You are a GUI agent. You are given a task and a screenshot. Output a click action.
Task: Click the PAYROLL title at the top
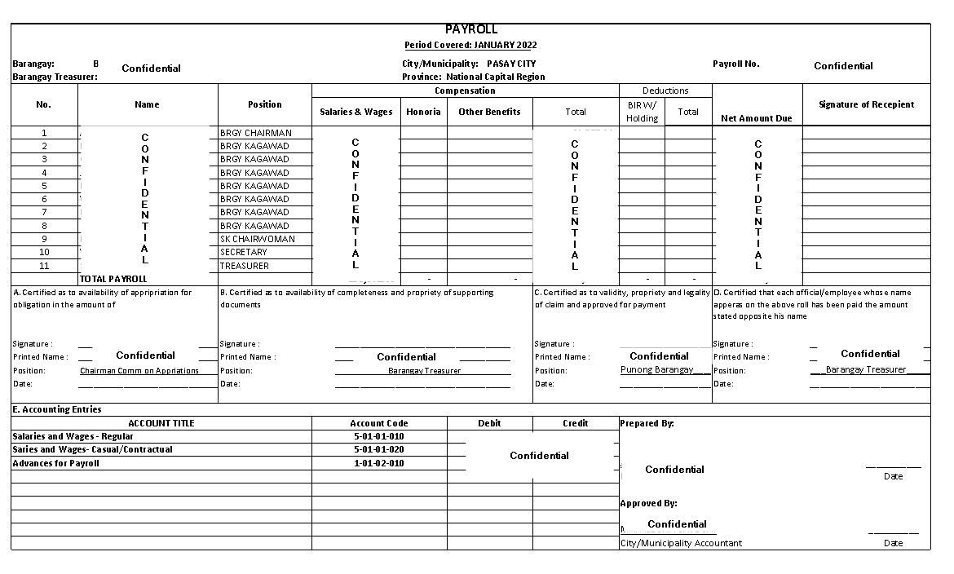pyautogui.click(x=470, y=29)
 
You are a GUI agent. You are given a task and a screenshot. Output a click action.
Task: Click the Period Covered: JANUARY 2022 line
pyautogui.click(x=470, y=45)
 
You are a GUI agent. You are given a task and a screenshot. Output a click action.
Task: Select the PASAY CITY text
pyautogui.click(x=511, y=64)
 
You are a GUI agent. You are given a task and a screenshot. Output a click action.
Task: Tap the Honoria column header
pyautogui.click(x=423, y=112)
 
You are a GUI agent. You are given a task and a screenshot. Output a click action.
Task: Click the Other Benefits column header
pyautogui.click(x=489, y=112)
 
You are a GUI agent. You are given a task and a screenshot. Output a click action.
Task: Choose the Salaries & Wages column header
pyautogui.click(x=356, y=112)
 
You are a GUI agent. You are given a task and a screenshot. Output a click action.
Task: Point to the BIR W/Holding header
pyautogui.click(x=642, y=112)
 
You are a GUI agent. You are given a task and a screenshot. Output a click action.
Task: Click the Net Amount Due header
pyautogui.click(x=757, y=118)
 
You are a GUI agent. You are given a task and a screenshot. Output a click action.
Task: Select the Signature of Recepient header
pyautogui.click(x=866, y=104)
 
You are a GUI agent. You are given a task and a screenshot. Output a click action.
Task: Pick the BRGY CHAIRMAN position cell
pyautogui.click(x=255, y=133)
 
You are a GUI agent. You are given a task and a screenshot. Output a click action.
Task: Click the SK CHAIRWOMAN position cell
pyautogui.click(x=257, y=239)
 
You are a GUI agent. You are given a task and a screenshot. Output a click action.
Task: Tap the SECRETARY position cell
pyautogui.click(x=243, y=252)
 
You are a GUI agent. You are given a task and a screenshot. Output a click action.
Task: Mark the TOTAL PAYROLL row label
pyautogui.click(x=113, y=279)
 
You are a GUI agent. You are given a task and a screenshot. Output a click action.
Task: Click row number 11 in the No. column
pyautogui.click(x=44, y=266)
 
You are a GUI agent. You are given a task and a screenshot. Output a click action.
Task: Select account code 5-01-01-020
pyautogui.click(x=378, y=449)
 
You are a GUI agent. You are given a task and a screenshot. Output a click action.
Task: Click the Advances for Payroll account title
pyautogui.click(x=55, y=463)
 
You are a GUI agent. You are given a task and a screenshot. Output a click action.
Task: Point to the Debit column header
pyautogui.click(x=489, y=423)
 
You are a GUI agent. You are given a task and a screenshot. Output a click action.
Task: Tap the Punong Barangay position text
pyautogui.click(x=656, y=369)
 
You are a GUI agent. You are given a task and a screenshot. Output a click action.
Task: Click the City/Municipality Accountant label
pyautogui.click(x=681, y=543)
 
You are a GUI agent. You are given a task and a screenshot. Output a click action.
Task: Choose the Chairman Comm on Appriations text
pyautogui.click(x=139, y=371)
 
